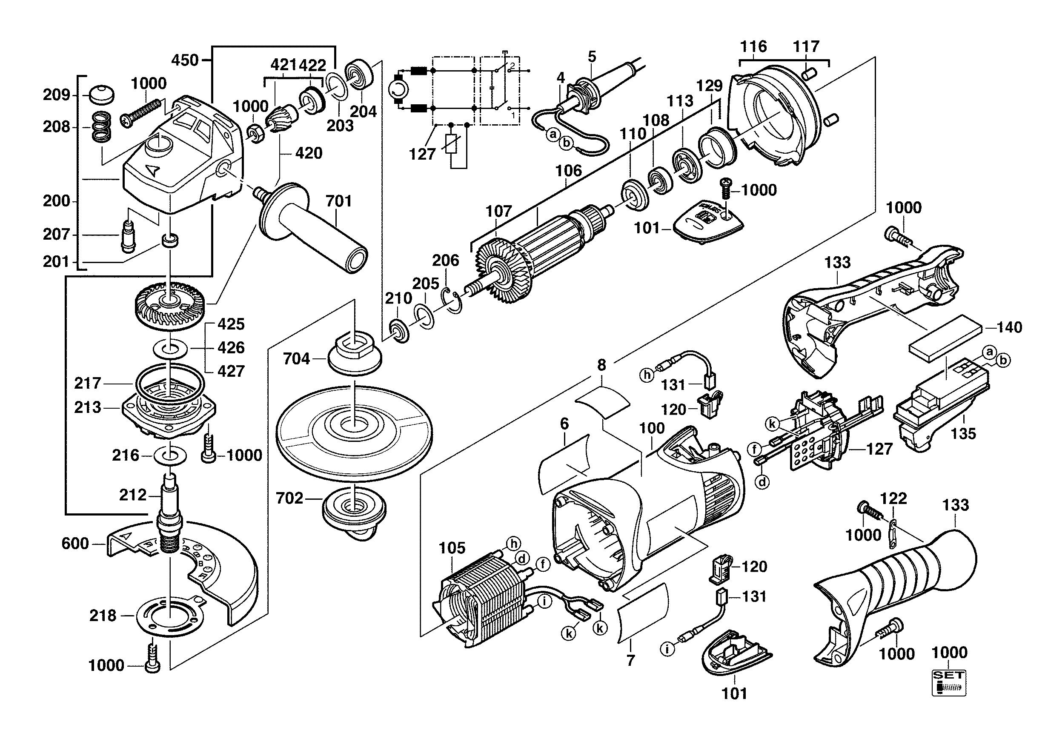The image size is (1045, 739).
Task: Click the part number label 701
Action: [339, 201]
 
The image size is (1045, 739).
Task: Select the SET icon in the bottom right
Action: [948, 682]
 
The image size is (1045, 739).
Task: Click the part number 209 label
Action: [57, 95]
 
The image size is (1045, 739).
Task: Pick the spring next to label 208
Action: [101, 126]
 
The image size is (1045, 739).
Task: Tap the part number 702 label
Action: [289, 498]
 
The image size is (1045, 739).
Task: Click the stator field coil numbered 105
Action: [482, 601]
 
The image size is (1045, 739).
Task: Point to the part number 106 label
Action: [568, 171]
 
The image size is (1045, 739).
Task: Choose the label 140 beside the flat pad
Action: [1009, 327]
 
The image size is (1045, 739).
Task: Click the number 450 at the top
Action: [185, 60]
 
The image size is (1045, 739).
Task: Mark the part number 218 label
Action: [103, 616]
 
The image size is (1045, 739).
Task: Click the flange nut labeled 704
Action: [355, 355]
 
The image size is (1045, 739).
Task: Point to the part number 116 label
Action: [753, 46]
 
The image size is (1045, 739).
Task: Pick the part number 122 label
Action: [893, 498]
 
